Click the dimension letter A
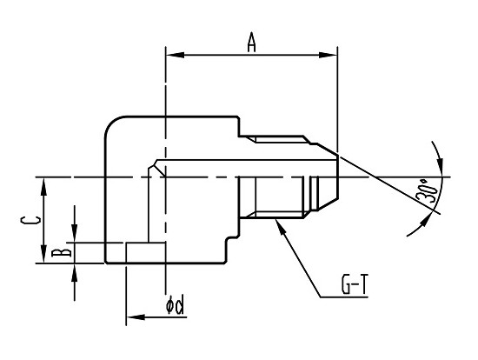pyautogui.click(x=251, y=42)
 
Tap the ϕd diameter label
pyautogui.click(x=175, y=304)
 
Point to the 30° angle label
pyautogui.click(x=428, y=191)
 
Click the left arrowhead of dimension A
pyautogui.click(x=176, y=56)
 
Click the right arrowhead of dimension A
pyautogui.click(x=328, y=56)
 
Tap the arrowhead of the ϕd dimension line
pyautogui.click(x=136, y=317)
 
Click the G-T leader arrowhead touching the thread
pyautogui.click(x=280, y=226)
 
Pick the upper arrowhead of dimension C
pyautogui.click(x=44, y=187)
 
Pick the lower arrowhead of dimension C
pyautogui.click(x=44, y=253)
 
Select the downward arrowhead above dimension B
pyautogui.click(x=75, y=233)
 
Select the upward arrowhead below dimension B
pyautogui.click(x=75, y=272)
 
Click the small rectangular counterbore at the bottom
pyautogui.click(x=146, y=253)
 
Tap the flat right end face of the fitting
pyautogui.click(x=338, y=177)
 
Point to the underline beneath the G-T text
pyautogui.click(x=344, y=297)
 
